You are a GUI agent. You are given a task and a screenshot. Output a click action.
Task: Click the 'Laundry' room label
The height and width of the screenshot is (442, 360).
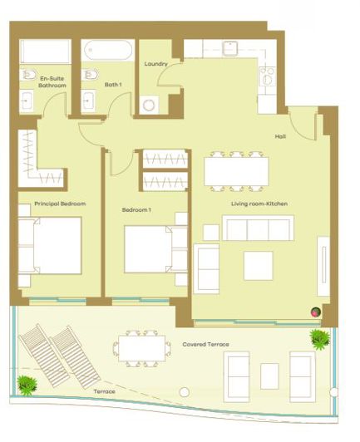(x=155, y=64)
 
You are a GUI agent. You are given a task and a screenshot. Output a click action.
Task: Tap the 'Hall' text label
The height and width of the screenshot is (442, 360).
(x=281, y=137)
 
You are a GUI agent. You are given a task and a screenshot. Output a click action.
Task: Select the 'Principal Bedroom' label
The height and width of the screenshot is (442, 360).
(x=60, y=204)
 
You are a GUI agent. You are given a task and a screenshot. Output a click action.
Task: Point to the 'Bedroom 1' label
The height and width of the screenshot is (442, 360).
(x=136, y=210)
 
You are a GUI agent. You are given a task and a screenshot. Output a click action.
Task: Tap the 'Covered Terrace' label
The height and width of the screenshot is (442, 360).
(x=205, y=343)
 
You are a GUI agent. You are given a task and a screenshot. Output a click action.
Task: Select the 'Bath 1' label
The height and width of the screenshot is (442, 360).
(x=113, y=84)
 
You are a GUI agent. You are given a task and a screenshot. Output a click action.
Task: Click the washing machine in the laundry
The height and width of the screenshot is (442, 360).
(x=150, y=106)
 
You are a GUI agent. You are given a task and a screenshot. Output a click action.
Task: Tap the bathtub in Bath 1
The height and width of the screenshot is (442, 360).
(x=106, y=52)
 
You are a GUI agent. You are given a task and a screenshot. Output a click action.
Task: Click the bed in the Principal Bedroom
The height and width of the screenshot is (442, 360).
(x=50, y=246)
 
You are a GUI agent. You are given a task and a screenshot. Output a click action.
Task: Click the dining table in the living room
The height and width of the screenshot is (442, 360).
(x=237, y=171)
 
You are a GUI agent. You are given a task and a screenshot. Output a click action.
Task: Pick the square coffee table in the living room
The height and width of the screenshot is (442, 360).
(x=258, y=265)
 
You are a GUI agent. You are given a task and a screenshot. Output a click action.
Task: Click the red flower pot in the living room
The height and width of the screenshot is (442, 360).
(x=315, y=312)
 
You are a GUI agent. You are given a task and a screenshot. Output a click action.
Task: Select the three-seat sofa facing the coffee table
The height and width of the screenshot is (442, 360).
(x=257, y=228)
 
